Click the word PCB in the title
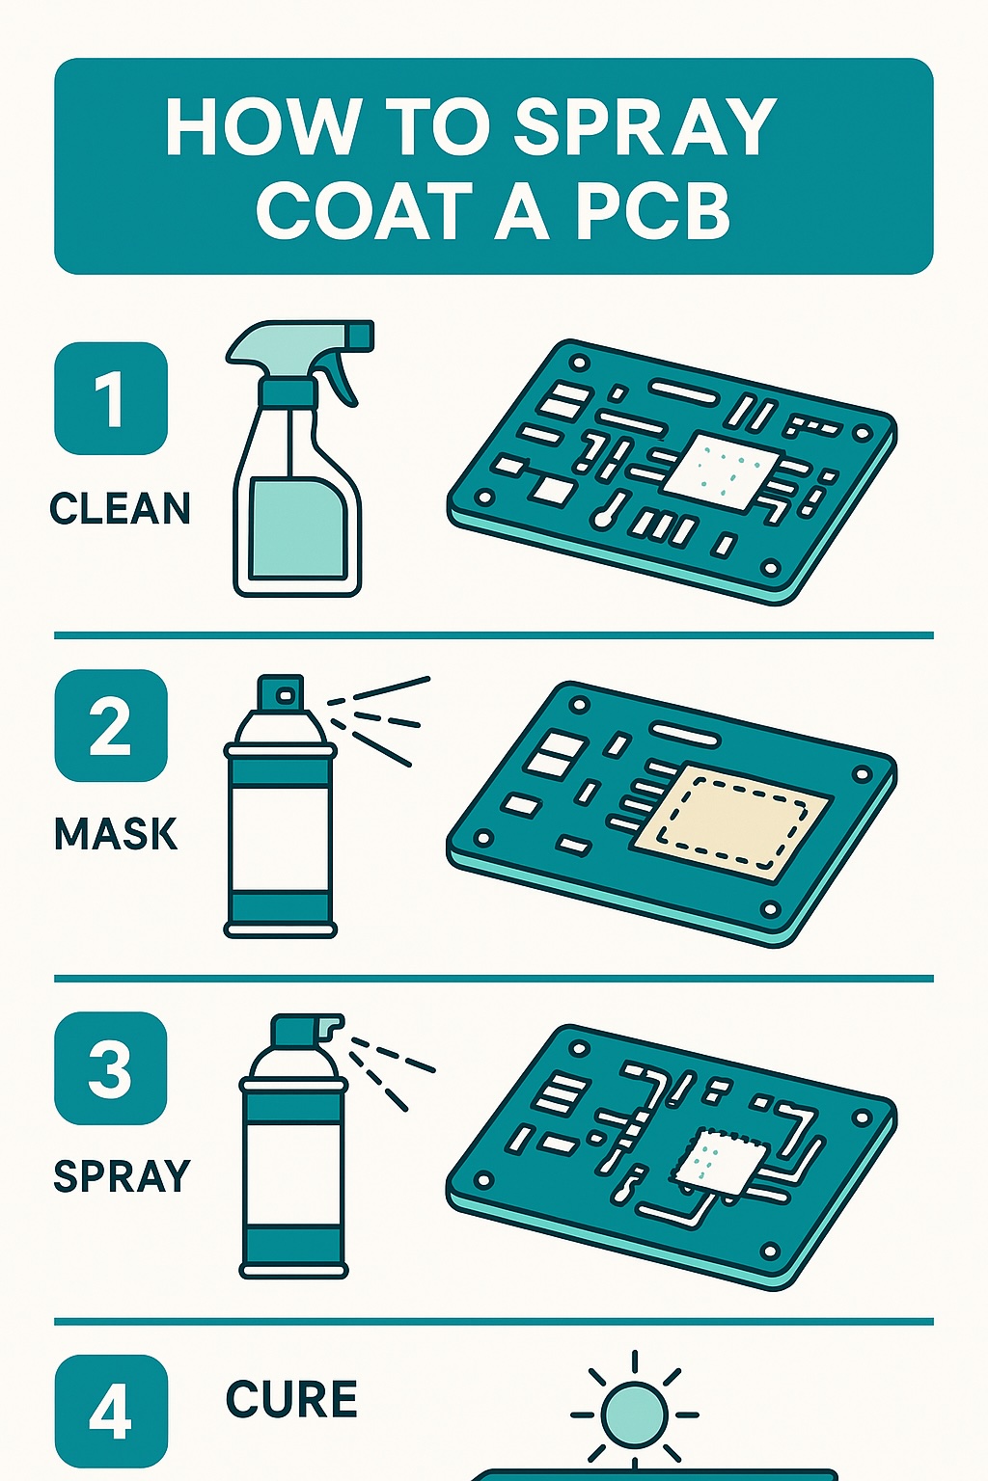coord(653,212)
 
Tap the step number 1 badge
coord(111,398)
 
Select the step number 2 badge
coord(111,725)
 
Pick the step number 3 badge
coord(111,1068)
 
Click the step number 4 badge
coord(111,1412)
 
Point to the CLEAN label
coord(120,509)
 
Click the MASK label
coord(116,834)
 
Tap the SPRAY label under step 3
coord(122,1177)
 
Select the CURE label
coord(291,1400)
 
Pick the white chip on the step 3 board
coord(720,1160)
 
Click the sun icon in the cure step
coord(634,1414)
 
